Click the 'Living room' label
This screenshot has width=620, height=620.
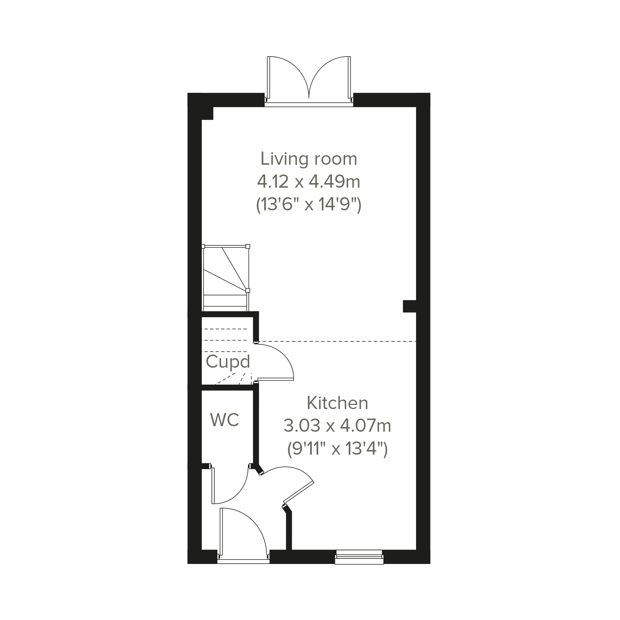[308, 159]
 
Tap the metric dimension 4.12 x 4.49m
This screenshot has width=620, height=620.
[308, 182]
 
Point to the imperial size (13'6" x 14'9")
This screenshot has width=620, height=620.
[308, 205]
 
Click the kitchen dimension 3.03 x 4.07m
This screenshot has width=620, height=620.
[337, 426]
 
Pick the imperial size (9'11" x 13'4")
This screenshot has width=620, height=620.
[337, 449]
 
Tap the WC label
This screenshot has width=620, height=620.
[225, 420]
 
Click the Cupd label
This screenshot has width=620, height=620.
[228, 362]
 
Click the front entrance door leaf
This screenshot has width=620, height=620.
[221, 532]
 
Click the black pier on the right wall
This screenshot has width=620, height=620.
[409, 306]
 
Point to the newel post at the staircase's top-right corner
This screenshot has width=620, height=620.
[248, 246]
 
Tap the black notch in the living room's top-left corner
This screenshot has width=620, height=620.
[207, 113]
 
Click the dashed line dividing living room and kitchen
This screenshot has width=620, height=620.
[337, 341]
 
